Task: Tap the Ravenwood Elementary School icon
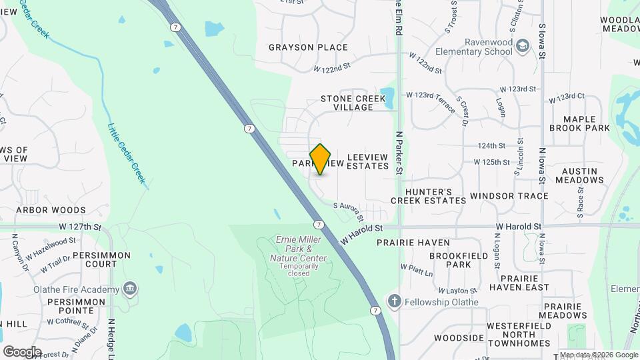[x=524, y=45]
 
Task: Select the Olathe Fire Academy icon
[x=131, y=289]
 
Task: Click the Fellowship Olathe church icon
[x=395, y=301]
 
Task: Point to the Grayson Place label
[x=308, y=47]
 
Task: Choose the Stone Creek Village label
[x=353, y=103]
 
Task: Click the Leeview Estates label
[x=367, y=165]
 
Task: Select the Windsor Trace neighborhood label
[x=509, y=196]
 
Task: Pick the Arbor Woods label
[x=51, y=210]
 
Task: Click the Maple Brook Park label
[x=579, y=123]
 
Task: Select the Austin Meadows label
[x=579, y=175]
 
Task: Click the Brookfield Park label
[x=450, y=260]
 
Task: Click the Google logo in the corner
[x=22, y=351]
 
